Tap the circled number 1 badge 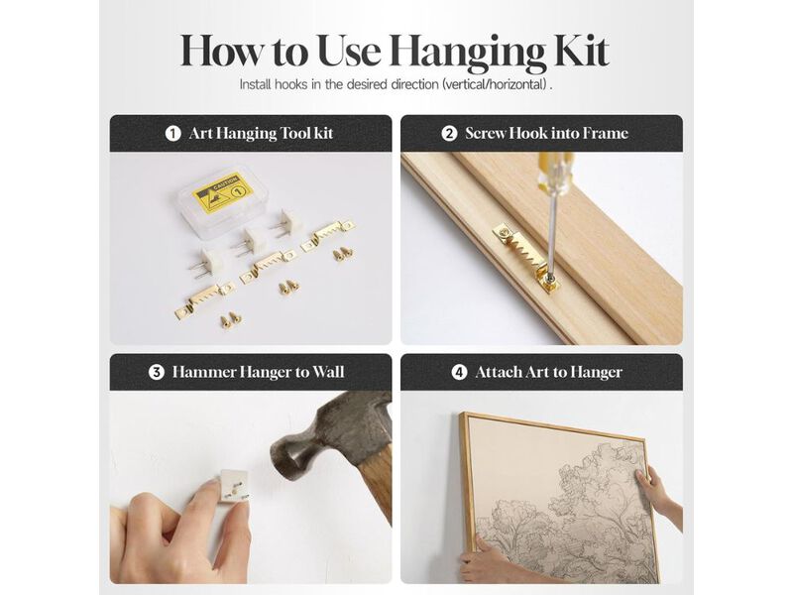tap(172, 134)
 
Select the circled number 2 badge tap(449, 134)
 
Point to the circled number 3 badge tap(157, 373)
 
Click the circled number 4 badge tap(459, 373)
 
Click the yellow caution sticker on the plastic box tap(224, 192)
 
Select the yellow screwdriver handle tap(552, 166)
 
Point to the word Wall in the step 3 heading tap(328, 373)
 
